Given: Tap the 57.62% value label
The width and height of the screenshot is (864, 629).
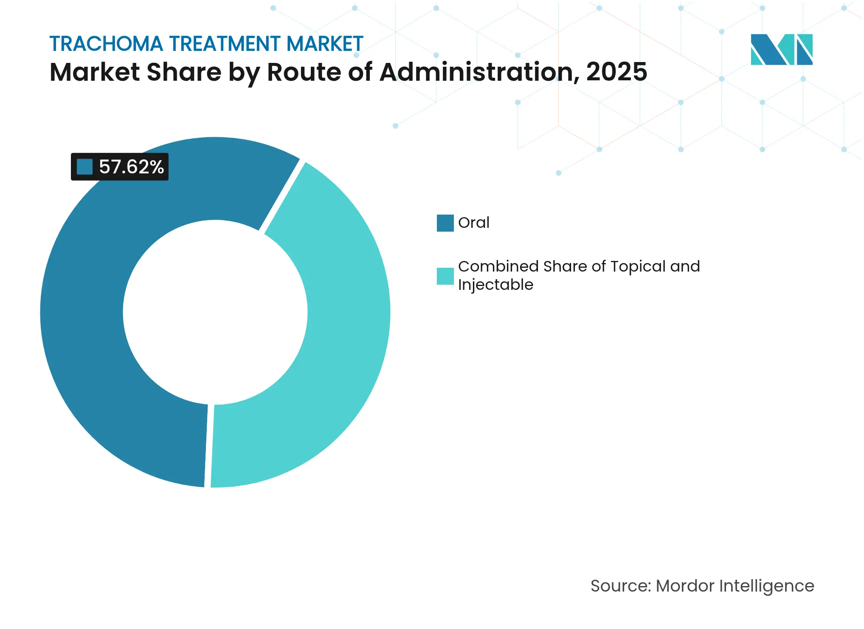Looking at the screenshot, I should pyautogui.click(x=131, y=167).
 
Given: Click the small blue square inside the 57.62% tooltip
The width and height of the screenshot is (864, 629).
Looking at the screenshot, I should pyautogui.click(x=84, y=167).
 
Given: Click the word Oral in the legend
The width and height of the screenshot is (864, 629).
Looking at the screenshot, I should pyautogui.click(x=473, y=223).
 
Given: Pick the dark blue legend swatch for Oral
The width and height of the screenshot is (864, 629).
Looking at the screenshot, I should pyautogui.click(x=445, y=223).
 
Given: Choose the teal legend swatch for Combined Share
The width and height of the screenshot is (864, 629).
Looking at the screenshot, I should pyautogui.click(x=445, y=276).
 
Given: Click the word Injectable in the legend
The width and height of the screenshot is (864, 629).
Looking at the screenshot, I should pyautogui.click(x=495, y=285).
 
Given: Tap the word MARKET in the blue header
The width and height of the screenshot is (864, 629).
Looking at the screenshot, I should pyautogui.click(x=325, y=44).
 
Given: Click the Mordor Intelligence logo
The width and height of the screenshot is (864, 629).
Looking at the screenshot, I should pyautogui.click(x=781, y=49).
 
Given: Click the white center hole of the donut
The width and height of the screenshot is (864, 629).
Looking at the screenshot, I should pyautogui.click(x=215, y=312).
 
